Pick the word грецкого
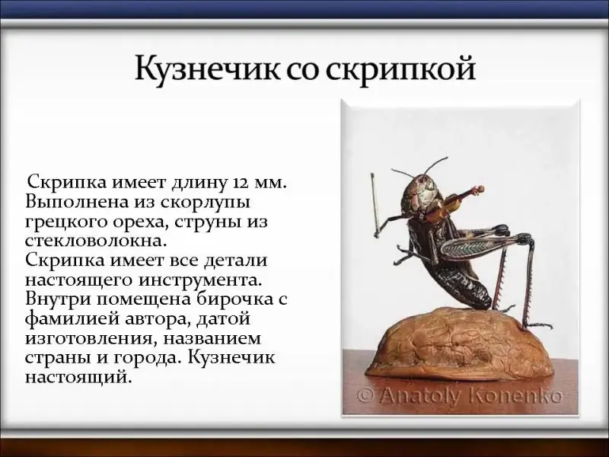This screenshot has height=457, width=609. [66, 223]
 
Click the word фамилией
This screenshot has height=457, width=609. [69, 319]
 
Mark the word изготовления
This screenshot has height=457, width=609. [88, 339]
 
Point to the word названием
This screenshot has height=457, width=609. [212, 338]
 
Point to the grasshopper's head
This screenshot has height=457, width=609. [422, 193]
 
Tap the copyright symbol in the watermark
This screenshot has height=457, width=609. [366, 396]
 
